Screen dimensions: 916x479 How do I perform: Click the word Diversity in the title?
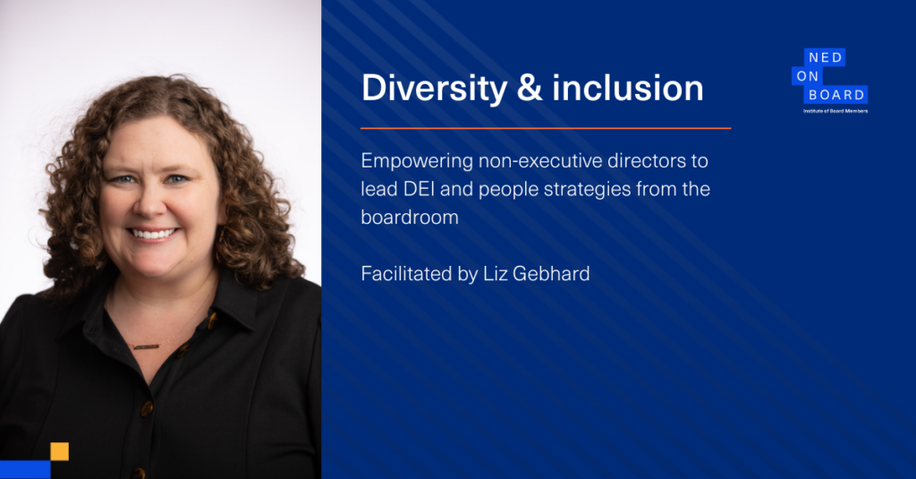tap(434, 89)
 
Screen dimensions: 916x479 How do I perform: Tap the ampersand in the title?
tap(530, 88)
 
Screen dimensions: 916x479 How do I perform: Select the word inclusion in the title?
tap(627, 88)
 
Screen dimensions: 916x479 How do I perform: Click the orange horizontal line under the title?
tap(546, 128)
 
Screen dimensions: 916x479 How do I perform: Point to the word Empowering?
tap(417, 161)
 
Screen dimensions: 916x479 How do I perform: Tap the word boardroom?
tap(410, 218)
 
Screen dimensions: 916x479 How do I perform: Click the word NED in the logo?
tap(825, 57)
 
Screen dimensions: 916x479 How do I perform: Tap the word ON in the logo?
tap(808, 76)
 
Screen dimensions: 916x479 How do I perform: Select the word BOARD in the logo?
tap(836, 95)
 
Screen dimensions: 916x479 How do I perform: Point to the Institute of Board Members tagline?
tap(835, 111)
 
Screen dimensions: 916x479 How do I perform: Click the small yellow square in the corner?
tap(60, 451)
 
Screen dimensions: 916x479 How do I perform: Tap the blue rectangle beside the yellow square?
tap(25, 470)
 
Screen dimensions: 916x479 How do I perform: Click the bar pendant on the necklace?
tap(146, 346)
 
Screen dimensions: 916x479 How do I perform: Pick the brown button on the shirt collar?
tap(213, 321)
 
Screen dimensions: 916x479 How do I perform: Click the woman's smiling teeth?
tap(152, 234)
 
